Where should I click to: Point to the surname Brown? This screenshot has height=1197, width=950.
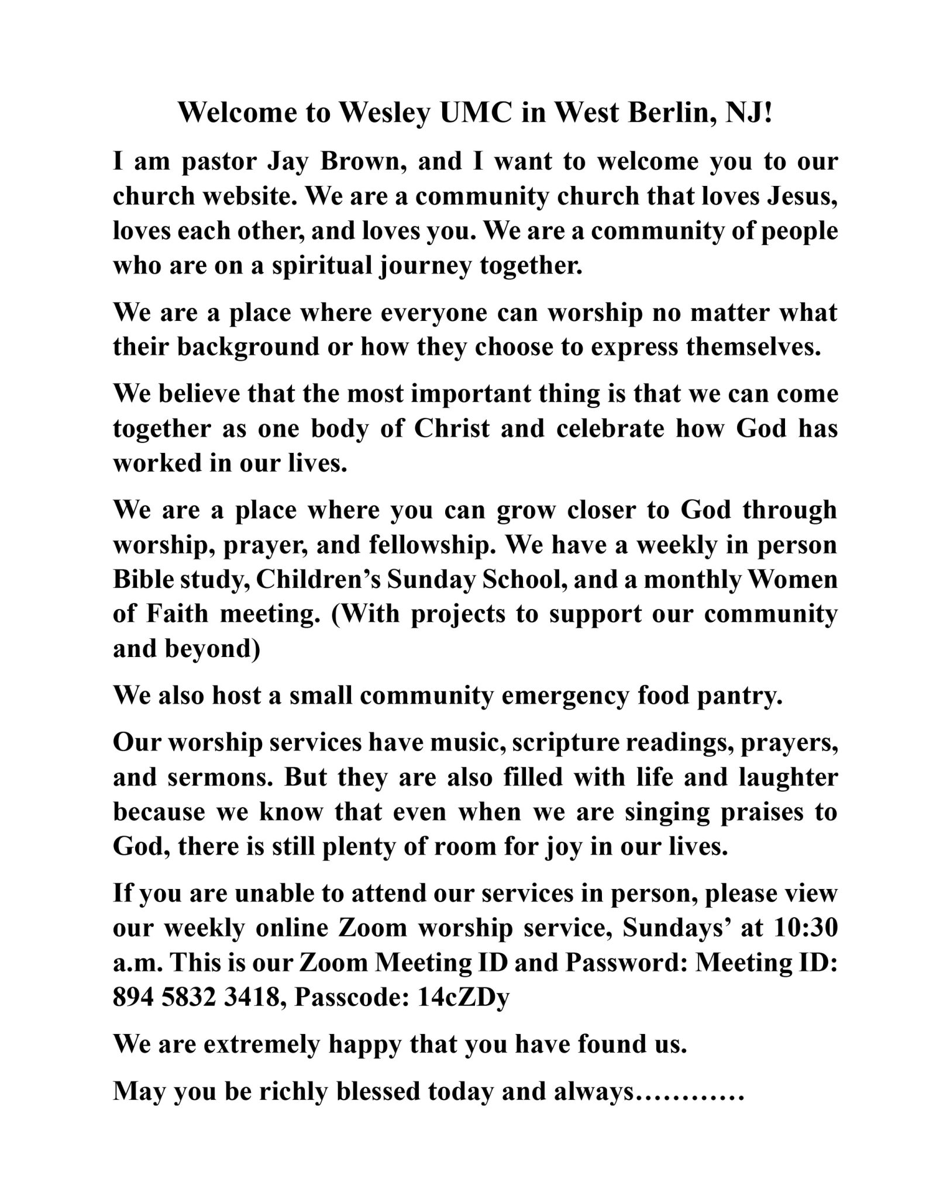coord(363,162)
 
